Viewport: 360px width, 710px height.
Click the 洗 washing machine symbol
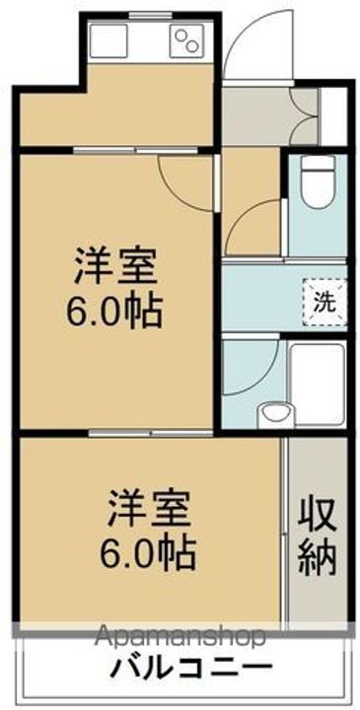(x=324, y=302)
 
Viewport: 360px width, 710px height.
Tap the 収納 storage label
(x=318, y=538)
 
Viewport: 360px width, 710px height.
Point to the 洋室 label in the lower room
(x=149, y=510)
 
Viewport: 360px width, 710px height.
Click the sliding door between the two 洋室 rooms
(x=148, y=432)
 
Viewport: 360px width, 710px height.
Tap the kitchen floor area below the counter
(x=118, y=113)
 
